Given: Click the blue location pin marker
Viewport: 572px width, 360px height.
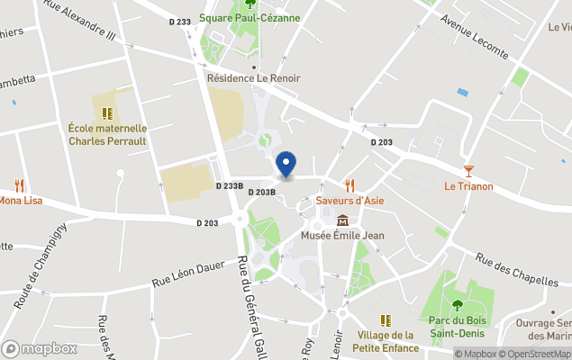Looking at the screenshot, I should pyautogui.click(x=286, y=164).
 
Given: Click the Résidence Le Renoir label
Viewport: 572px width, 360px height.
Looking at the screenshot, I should pyautogui.click(x=254, y=78).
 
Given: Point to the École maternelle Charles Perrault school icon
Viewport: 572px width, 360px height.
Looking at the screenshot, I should pyautogui.click(x=107, y=114).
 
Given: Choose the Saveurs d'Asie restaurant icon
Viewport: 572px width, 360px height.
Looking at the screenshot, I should pyautogui.click(x=350, y=185).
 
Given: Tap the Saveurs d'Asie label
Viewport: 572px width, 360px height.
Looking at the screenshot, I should pyautogui.click(x=350, y=200).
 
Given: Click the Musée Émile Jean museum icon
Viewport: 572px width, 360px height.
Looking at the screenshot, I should pyautogui.click(x=342, y=220).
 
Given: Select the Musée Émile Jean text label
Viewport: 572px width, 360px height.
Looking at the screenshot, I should pyautogui.click(x=342, y=236).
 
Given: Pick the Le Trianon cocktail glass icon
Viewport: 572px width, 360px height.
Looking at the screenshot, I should pyautogui.click(x=468, y=171).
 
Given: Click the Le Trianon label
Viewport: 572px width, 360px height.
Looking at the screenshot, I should pyautogui.click(x=468, y=186).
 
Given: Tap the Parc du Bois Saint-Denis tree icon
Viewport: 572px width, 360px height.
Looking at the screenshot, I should pyautogui.click(x=457, y=305).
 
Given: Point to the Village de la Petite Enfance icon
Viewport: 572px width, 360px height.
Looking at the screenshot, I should pyautogui.click(x=386, y=320).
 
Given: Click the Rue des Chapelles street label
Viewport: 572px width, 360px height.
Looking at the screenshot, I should pyautogui.click(x=517, y=267).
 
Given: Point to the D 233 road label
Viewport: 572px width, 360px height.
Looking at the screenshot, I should pyautogui.click(x=180, y=22).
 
